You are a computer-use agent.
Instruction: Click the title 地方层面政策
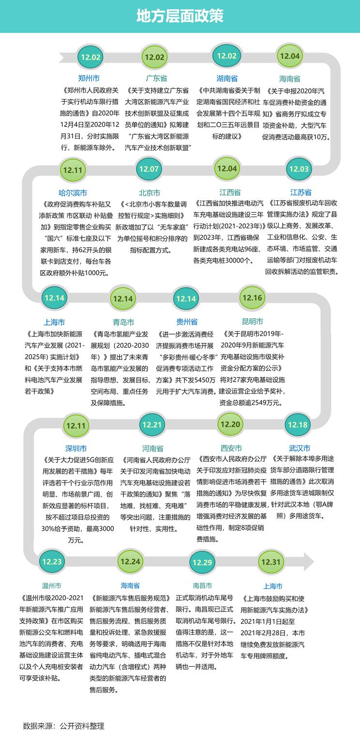click(x=180, y=16)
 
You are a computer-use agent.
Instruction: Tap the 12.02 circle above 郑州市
click(x=91, y=57)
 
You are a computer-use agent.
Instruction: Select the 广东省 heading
click(x=156, y=78)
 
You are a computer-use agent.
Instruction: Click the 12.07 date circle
click(x=149, y=169)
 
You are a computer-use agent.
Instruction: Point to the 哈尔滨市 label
click(x=73, y=192)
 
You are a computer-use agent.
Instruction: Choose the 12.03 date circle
click(x=299, y=169)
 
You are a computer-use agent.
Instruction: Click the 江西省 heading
click(x=230, y=192)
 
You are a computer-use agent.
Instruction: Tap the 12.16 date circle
click(x=252, y=297)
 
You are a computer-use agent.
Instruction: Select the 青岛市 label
click(x=123, y=322)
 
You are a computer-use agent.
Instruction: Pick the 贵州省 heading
click(x=187, y=322)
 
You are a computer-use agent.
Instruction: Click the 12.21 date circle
click(x=151, y=425)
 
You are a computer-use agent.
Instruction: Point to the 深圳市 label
click(x=76, y=448)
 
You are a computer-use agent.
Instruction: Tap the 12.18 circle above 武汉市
click(x=298, y=425)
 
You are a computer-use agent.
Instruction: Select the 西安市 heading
click(x=231, y=448)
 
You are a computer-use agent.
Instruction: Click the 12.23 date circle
click(x=52, y=561)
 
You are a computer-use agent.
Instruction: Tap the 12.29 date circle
click(x=202, y=562)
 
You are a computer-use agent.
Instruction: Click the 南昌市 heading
click(x=202, y=586)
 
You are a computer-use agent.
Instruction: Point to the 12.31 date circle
click(x=271, y=562)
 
